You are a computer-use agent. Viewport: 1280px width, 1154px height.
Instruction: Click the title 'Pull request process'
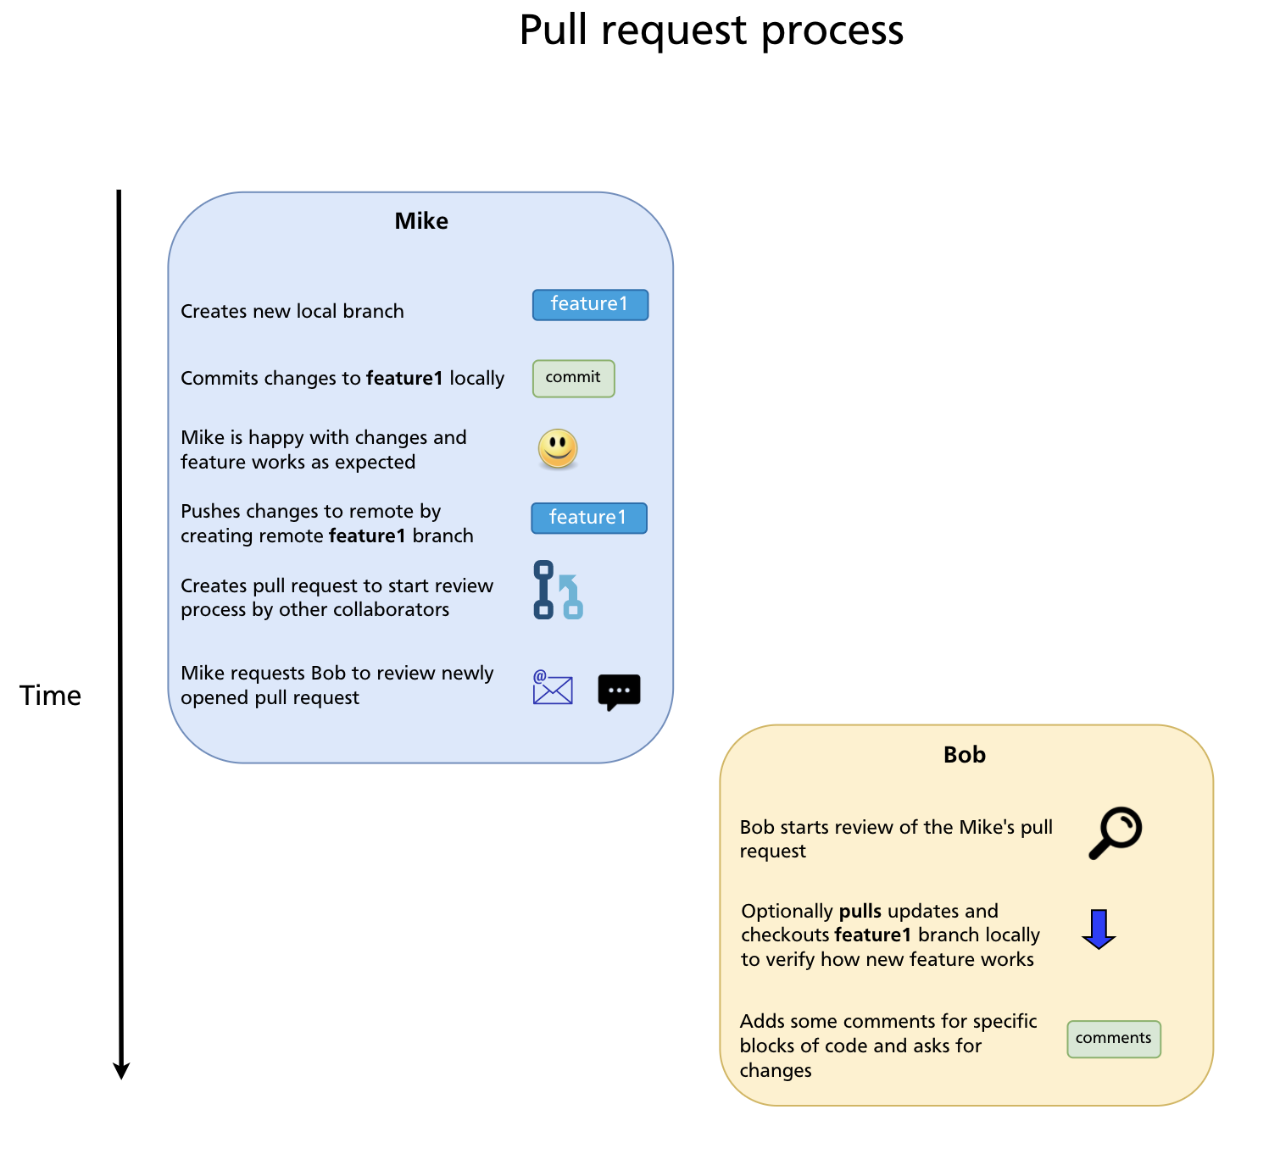pos(710,31)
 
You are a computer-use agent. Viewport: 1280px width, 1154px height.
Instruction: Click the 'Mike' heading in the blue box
pos(421,221)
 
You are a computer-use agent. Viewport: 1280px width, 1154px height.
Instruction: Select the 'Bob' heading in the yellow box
pos(964,755)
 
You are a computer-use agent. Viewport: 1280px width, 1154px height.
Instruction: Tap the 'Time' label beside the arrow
pos(50,696)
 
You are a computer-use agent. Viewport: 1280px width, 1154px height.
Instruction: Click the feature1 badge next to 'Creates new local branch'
pos(590,305)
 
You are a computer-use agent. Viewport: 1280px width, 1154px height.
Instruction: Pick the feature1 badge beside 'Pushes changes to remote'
pos(588,518)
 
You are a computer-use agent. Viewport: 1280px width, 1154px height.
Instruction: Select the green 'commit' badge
pos(573,378)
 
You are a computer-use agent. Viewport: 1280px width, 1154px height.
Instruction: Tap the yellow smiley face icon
pos(558,448)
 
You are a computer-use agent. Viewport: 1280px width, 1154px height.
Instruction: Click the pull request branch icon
pos(558,590)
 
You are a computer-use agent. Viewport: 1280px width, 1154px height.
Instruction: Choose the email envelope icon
pos(553,688)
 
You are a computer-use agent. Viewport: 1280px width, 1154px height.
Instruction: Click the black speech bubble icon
pos(619,691)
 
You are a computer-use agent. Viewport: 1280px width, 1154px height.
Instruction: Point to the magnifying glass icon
pos(1115,833)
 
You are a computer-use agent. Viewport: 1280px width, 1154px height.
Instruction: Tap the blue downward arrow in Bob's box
pos(1099,929)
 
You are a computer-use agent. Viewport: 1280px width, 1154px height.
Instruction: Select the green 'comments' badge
pos(1113,1039)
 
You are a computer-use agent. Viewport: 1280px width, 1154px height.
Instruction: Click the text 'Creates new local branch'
pos(292,312)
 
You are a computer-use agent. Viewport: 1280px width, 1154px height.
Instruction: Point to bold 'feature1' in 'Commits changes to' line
pos(403,379)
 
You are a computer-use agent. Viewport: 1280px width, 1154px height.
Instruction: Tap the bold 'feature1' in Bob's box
pos(872,935)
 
